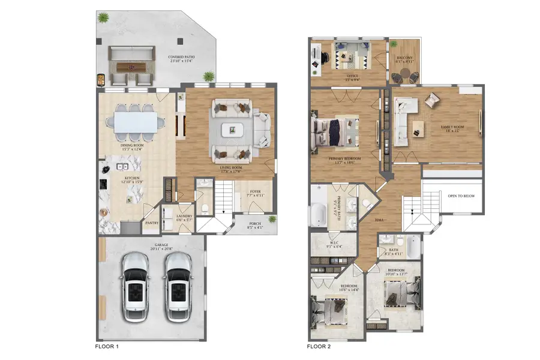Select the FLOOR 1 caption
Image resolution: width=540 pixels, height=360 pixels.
point(110,346)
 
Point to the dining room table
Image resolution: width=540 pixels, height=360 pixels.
point(136,122)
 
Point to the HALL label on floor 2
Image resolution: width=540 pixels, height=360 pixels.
point(379,220)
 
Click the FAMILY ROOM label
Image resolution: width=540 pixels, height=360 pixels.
point(453,127)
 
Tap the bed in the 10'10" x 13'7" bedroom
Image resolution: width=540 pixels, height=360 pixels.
point(401,295)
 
